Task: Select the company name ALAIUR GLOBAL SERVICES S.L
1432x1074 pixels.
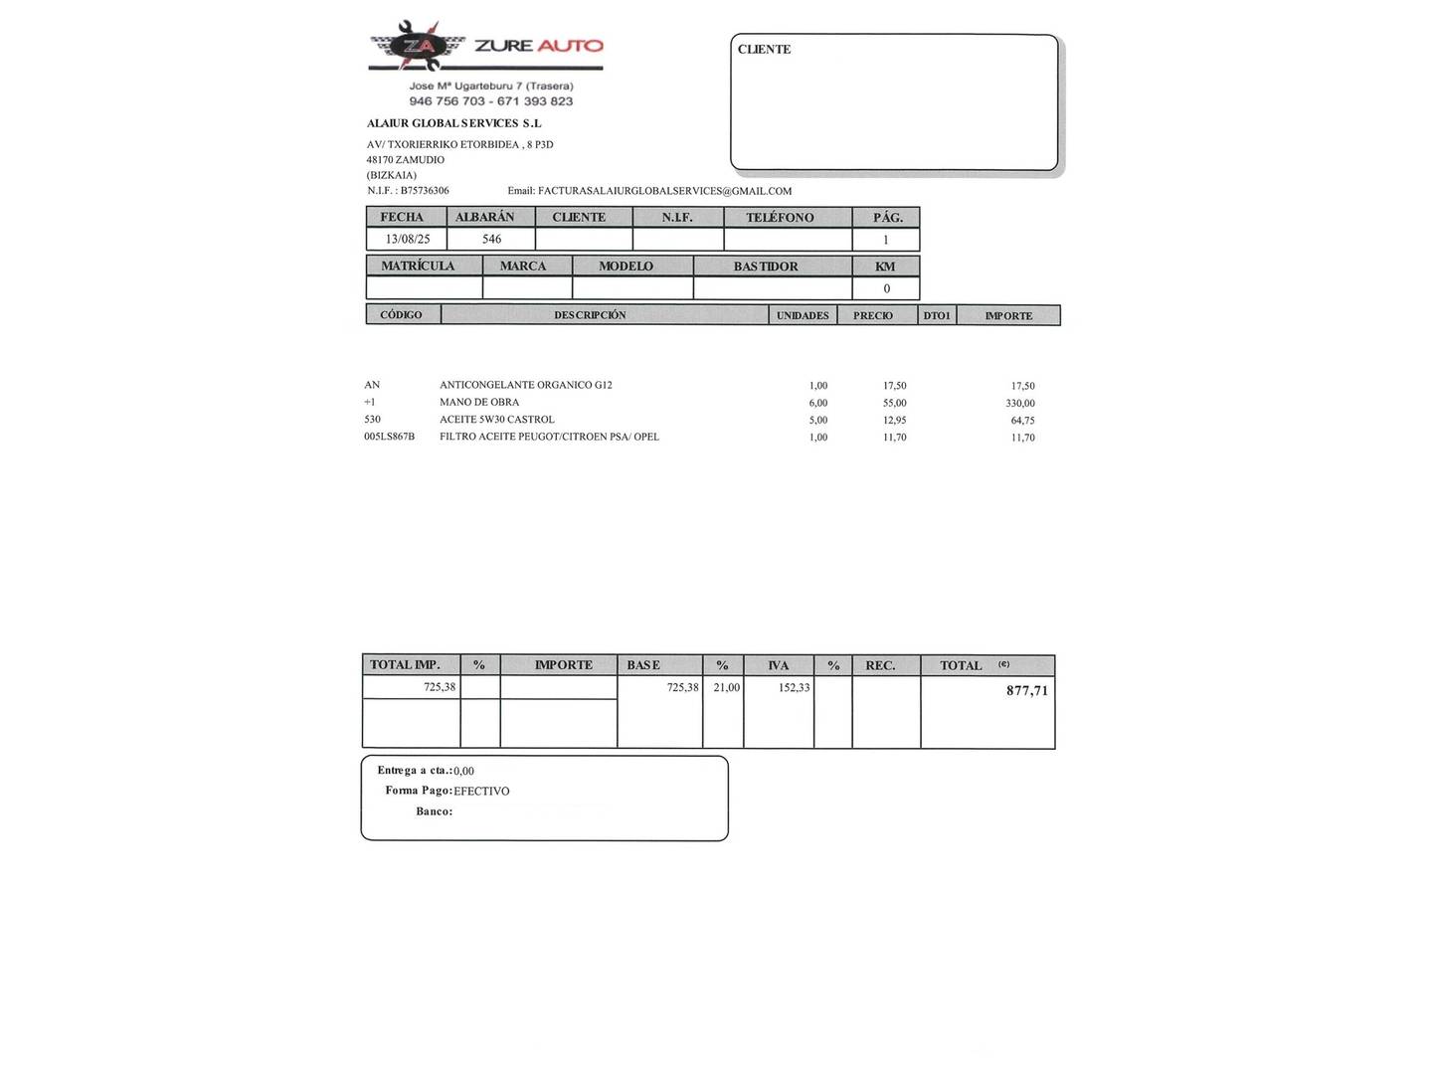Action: click(453, 123)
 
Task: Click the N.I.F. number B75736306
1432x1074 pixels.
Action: click(425, 191)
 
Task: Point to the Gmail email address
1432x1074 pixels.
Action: click(664, 191)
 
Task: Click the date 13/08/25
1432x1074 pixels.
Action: click(408, 240)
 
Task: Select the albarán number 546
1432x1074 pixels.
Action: click(491, 240)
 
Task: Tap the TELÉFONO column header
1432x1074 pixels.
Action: click(780, 217)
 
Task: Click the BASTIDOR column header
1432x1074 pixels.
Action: click(766, 267)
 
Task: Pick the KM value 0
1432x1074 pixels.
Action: click(886, 289)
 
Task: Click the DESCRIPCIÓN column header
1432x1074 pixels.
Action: click(590, 315)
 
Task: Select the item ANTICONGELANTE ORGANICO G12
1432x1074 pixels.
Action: click(526, 385)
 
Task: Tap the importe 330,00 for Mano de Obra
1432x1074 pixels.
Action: click(1019, 403)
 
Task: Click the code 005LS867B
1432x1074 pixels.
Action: click(389, 437)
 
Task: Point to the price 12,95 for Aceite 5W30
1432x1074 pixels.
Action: click(894, 420)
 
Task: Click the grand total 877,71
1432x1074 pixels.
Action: click(1026, 690)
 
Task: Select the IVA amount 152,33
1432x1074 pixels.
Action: click(794, 687)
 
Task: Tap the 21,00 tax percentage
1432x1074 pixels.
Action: click(726, 687)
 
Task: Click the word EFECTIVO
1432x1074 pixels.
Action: click(481, 792)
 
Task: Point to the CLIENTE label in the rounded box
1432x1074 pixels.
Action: click(764, 50)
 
